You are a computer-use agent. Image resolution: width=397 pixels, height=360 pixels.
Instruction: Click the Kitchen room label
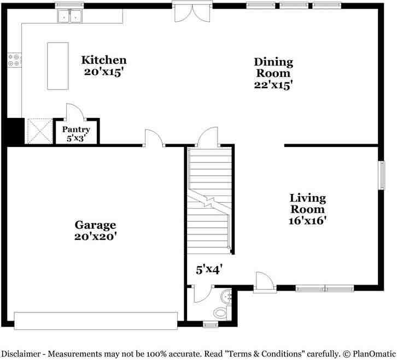[104, 60]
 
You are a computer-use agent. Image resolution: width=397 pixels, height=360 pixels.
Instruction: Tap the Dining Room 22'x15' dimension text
[273, 85]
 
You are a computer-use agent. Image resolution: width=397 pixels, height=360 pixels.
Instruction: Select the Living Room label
[307, 203]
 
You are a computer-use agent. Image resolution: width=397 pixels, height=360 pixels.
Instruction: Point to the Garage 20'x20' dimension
[96, 237]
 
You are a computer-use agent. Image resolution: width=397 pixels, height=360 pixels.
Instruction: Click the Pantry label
[75, 129]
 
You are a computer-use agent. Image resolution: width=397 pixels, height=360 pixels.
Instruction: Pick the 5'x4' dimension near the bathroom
[209, 269]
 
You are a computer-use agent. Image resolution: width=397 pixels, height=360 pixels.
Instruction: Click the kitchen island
[57, 66]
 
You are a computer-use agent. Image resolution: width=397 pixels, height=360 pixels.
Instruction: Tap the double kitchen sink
[69, 16]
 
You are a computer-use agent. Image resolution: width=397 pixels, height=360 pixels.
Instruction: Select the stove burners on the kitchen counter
[14, 60]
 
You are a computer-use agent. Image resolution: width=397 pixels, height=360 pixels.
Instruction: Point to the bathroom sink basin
[226, 298]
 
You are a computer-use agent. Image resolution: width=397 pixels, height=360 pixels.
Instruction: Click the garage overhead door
[96, 321]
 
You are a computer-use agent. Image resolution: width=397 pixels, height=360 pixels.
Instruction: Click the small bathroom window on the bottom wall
[211, 325]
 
